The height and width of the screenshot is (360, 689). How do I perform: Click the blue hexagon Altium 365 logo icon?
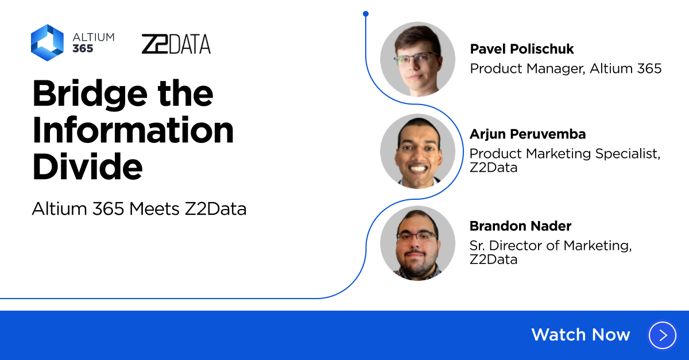pyautogui.click(x=47, y=42)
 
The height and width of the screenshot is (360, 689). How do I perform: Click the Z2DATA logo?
pyautogui.click(x=176, y=44)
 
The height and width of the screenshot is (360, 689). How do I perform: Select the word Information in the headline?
pyautogui.click(x=133, y=130)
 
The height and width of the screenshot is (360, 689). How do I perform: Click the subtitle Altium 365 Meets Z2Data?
pyautogui.click(x=139, y=209)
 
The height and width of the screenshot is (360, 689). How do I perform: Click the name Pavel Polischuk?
pyautogui.click(x=521, y=49)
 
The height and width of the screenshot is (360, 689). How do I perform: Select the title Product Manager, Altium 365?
pyautogui.click(x=566, y=68)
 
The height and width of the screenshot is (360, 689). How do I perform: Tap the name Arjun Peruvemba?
pyautogui.click(x=528, y=134)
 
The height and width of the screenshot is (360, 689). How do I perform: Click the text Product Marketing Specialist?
pyautogui.click(x=565, y=153)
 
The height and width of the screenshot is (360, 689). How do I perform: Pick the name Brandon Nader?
pyautogui.click(x=520, y=226)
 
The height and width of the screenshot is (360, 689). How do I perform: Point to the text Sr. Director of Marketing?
pyautogui.click(x=551, y=245)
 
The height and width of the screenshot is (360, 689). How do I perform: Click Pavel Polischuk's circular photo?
pyautogui.click(x=417, y=59)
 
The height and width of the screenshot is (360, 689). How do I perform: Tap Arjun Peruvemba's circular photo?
pyautogui.click(x=417, y=151)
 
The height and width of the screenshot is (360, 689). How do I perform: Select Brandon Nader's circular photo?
pyautogui.click(x=417, y=243)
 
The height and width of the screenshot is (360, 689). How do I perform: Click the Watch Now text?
pyautogui.click(x=580, y=335)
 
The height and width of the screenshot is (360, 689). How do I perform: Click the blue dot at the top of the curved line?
pyautogui.click(x=366, y=13)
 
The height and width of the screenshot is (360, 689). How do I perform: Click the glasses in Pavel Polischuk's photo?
pyautogui.click(x=418, y=57)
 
